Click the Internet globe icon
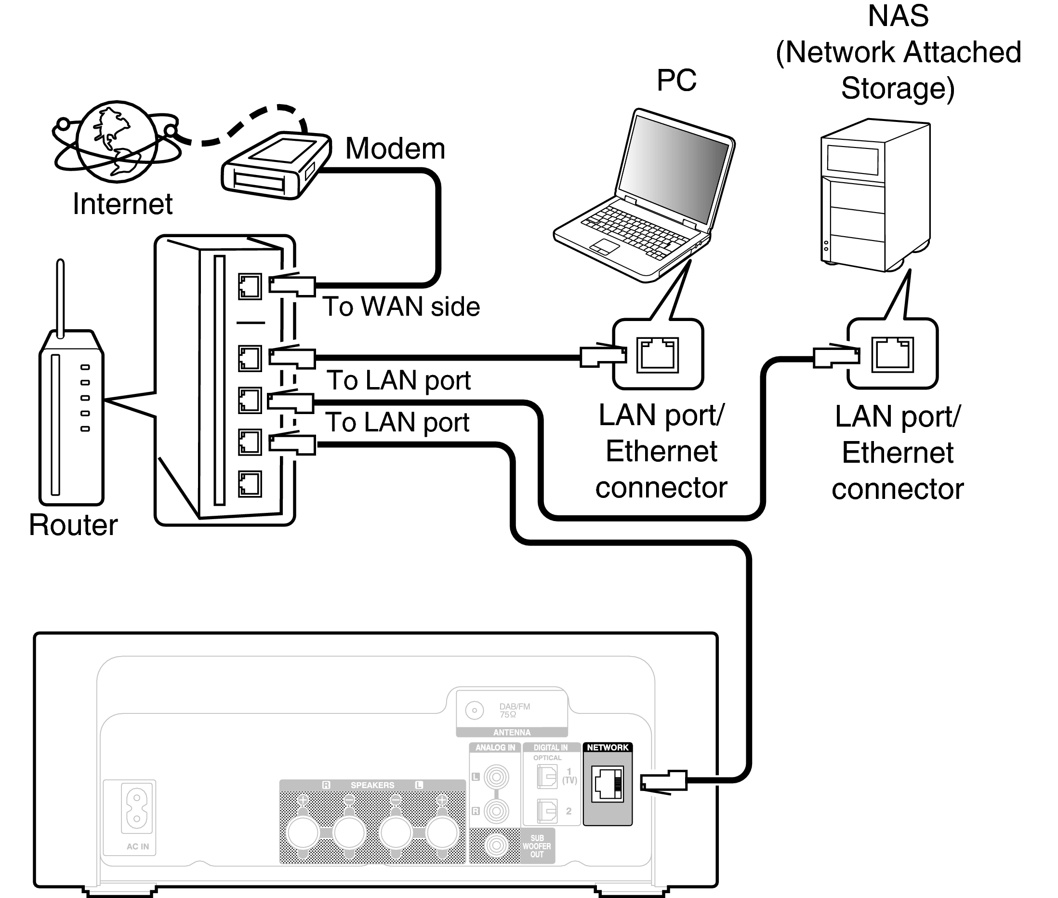[117, 141]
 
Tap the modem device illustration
[275, 165]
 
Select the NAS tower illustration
[875, 196]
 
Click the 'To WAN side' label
[401, 307]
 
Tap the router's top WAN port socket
[250, 287]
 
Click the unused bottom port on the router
[250, 483]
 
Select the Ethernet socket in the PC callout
[658, 355]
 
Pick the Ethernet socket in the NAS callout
[893, 354]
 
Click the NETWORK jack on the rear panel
[607, 784]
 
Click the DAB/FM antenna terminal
[474, 710]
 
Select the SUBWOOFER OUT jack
[496, 845]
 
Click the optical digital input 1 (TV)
[547, 777]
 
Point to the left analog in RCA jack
[496, 777]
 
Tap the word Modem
[395, 148]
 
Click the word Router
[73, 525]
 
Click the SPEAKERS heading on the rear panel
[372, 785]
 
